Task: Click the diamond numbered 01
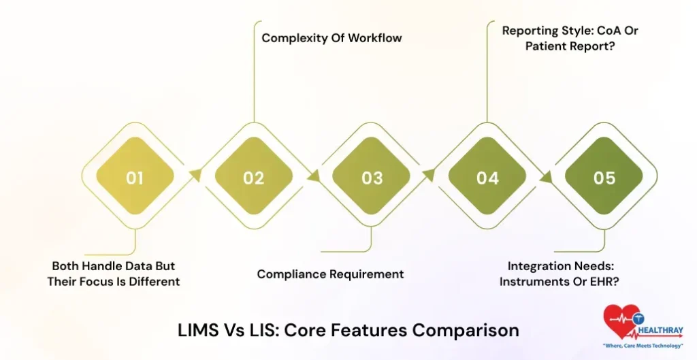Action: [x=135, y=178]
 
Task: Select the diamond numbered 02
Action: [x=253, y=178]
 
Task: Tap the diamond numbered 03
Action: [x=372, y=178]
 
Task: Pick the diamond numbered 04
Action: [x=487, y=178]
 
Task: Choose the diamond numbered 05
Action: [x=604, y=178]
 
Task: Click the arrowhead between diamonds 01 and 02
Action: [x=195, y=176]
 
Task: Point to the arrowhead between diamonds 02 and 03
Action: [x=313, y=176]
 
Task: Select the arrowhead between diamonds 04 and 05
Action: [x=546, y=176]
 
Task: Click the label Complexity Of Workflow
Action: [x=331, y=37]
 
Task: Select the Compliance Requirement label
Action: [x=330, y=274]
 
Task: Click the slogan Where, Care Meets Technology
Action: [x=643, y=346]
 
